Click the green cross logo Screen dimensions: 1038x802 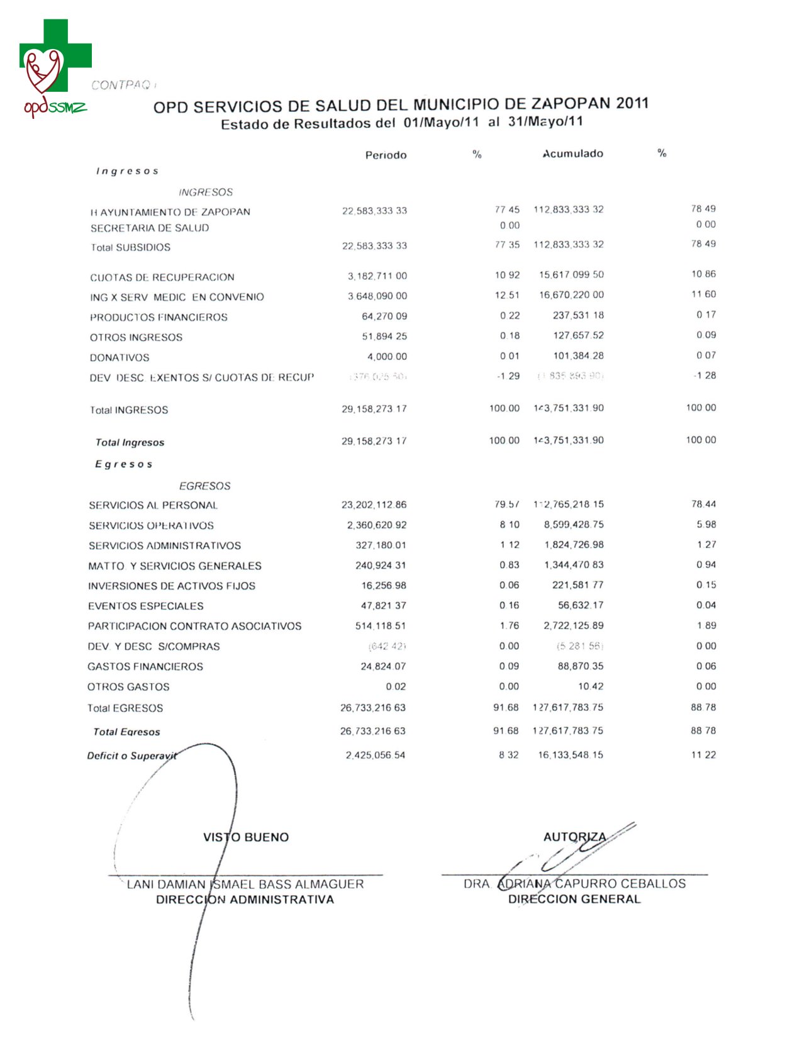click(55, 55)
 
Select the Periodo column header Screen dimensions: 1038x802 click(386, 155)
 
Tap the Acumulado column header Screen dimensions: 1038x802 click(572, 154)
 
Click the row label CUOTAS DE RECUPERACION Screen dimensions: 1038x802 click(162, 277)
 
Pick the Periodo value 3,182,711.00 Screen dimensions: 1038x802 click(377, 276)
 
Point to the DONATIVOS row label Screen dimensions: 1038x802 click(120, 357)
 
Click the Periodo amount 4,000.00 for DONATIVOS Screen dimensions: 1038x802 click(387, 357)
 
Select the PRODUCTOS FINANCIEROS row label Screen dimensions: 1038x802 click(159, 317)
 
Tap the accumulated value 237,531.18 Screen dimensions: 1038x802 click(578, 315)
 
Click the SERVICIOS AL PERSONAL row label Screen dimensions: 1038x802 click(153, 505)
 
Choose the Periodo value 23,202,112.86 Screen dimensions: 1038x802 click(374, 505)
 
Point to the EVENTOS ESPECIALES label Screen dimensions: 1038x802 click(145, 606)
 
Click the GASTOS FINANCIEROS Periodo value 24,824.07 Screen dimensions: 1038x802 click(383, 666)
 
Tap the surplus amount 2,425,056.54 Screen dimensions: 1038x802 click(375, 755)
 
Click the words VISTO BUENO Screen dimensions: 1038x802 click(246, 837)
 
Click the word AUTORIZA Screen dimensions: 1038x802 click(574, 837)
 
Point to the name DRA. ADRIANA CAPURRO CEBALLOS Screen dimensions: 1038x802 click(574, 884)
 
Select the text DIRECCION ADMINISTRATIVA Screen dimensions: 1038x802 click(245, 900)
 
